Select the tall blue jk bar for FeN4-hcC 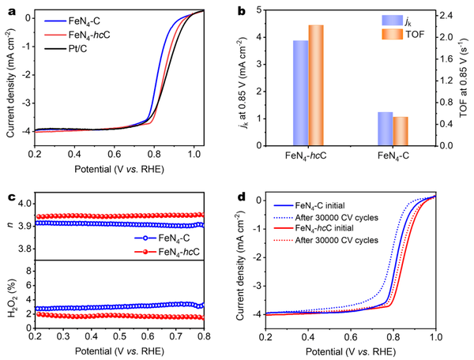tap(301, 92)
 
